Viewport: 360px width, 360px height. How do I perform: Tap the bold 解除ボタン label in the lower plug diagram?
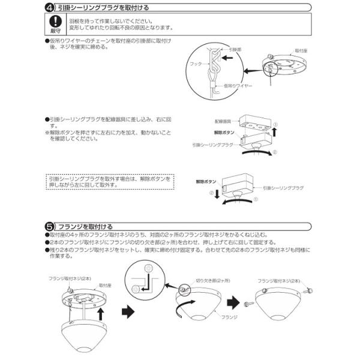(205, 180)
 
